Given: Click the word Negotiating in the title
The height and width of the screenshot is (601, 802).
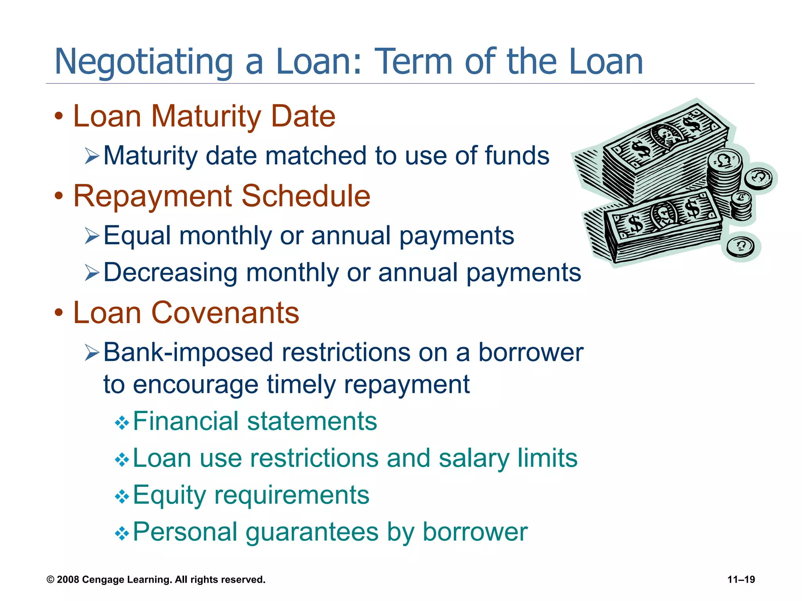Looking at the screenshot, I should pos(143,62).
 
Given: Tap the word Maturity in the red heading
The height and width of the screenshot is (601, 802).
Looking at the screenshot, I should pos(206,116).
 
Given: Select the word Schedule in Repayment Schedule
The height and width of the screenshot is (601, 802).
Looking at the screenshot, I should pos(305,196).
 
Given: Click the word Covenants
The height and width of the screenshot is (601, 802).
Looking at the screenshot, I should pos(225,313).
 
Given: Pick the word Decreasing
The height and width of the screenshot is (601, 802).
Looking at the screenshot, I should pos(170,273).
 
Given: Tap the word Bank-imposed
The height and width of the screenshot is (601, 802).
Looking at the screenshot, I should pos(188,353).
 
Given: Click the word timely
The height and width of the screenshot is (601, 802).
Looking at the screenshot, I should pos(301,385).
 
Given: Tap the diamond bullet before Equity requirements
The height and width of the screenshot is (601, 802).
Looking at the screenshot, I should pos(122,497).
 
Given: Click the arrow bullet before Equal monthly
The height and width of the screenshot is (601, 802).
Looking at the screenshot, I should pos(92,236).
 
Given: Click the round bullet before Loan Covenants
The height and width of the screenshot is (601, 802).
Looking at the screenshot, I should pos(59,313).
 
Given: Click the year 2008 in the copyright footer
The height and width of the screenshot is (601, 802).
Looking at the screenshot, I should pos(68,579).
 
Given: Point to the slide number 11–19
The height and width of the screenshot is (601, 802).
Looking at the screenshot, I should pos(741,579).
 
